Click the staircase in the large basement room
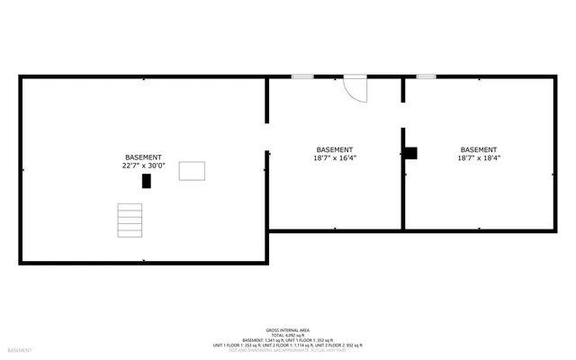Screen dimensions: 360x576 tap(130, 220)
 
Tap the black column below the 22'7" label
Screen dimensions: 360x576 tap(147, 181)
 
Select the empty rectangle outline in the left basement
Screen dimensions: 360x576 tap(192, 171)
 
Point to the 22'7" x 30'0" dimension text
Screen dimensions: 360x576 tap(144, 166)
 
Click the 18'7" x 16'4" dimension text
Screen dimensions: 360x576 tap(335, 158)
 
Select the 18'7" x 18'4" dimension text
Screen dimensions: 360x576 tap(479, 158)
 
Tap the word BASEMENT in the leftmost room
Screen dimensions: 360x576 tap(144, 157)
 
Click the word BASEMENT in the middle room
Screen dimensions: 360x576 tap(335, 149)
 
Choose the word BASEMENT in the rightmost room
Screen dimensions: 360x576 tap(479, 149)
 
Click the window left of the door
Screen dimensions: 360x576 tap(302, 76)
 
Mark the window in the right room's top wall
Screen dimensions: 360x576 tap(426, 76)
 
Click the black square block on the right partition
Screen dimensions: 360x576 tap(410, 153)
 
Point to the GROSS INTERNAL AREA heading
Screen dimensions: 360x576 tap(288, 329)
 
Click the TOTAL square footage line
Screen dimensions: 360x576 tap(288, 335)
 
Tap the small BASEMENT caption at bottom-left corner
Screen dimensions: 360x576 tap(21, 350)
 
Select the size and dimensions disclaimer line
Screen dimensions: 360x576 tap(288, 350)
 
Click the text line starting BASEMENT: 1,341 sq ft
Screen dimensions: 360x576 tap(288, 340)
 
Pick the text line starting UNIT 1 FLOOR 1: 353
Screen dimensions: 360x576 tap(288, 346)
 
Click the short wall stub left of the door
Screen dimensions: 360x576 tap(266, 100)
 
